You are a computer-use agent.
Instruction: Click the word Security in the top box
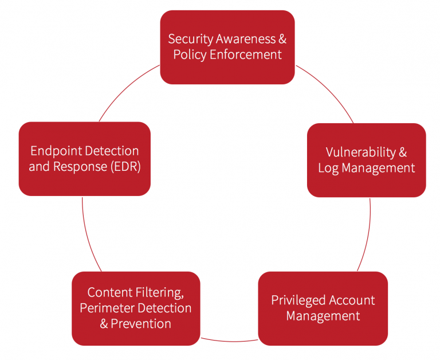point(190,39)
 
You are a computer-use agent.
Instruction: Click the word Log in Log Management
point(328,169)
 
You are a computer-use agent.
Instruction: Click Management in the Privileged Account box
point(323,316)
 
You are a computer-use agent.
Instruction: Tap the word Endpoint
point(56,151)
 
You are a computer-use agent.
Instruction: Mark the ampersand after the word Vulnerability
point(403,152)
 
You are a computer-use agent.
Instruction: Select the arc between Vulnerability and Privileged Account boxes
point(367,235)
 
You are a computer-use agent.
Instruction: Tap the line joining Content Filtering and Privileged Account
point(229,339)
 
